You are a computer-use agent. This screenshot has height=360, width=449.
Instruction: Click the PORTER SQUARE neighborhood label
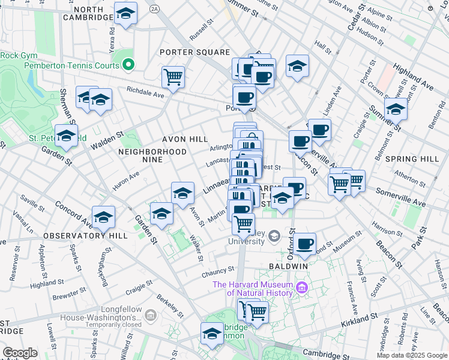coord(194,52)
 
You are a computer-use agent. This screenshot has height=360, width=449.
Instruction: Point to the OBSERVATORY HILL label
coord(85,236)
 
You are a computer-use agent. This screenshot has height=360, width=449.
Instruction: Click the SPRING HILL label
coord(414,159)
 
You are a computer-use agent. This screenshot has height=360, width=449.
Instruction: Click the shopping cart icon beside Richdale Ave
coord(173,76)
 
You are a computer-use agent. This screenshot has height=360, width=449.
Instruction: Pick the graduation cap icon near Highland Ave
coord(396,109)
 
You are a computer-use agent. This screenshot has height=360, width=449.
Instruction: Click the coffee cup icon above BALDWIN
coord(305,244)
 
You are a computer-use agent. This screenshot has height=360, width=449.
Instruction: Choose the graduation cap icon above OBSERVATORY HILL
coord(103,217)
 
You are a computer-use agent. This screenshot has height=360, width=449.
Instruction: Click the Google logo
coord(20,353)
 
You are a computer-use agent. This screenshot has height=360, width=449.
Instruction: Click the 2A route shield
coord(154,8)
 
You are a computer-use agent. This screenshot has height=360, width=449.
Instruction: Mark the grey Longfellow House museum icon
coord(150,314)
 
